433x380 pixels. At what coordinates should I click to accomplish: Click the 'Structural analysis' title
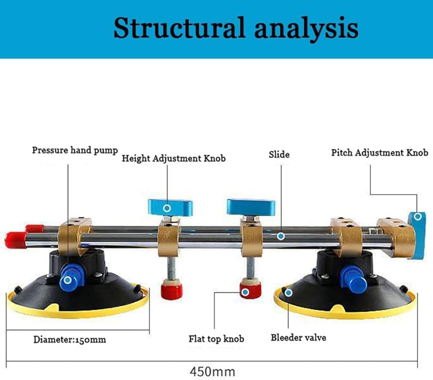pyautogui.click(x=236, y=28)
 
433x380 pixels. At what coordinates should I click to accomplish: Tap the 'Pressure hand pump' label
pyautogui.click(x=75, y=150)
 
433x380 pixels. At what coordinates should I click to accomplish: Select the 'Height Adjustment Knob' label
pyautogui.click(x=174, y=158)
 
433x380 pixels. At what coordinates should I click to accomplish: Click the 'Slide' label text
pyautogui.click(x=279, y=154)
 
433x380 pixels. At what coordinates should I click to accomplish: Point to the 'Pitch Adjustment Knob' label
pyautogui.click(x=380, y=153)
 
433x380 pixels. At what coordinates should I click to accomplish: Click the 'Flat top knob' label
pyautogui.click(x=216, y=338)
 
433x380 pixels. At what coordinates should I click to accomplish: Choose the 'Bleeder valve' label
pyautogui.click(x=298, y=338)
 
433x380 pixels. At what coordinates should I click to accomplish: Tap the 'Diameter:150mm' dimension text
pyautogui.click(x=70, y=339)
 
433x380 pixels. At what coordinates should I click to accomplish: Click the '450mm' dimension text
pyautogui.click(x=212, y=371)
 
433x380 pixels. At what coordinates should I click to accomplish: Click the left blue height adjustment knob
pyautogui.click(x=170, y=207)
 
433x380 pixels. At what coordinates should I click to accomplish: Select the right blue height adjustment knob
pyautogui.click(x=251, y=207)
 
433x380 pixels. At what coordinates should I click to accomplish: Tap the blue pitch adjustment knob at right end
pyautogui.click(x=417, y=236)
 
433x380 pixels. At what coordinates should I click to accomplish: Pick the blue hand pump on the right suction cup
pyautogui.click(x=353, y=278)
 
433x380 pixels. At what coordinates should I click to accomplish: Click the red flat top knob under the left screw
pyautogui.click(x=171, y=289)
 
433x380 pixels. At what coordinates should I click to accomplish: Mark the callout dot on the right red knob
pyautogui.click(x=245, y=292)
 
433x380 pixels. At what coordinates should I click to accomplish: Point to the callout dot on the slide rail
pyautogui.click(x=281, y=236)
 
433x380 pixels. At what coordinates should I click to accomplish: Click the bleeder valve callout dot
pyautogui.click(x=288, y=293)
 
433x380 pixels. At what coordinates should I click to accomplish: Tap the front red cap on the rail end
pyautogui.click(x=16, y=240)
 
